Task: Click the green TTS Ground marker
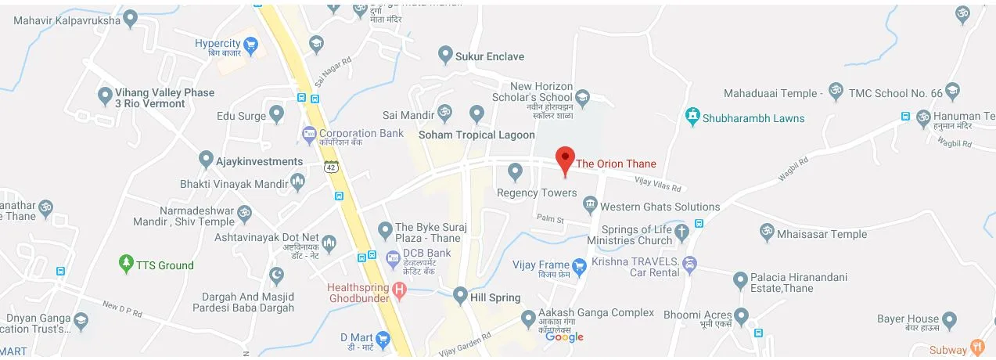(126, 265)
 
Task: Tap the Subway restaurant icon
(976, 347)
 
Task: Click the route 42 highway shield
(332, 167)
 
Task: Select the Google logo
(565, 337)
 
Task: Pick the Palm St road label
(550, 218)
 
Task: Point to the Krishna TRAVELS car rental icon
(689, 264)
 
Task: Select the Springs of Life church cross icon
(681, 231)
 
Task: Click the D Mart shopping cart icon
(383, 339)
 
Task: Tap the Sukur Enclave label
(491, 56)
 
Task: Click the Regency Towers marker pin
(515, 171)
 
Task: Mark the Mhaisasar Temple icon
(767, 233)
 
